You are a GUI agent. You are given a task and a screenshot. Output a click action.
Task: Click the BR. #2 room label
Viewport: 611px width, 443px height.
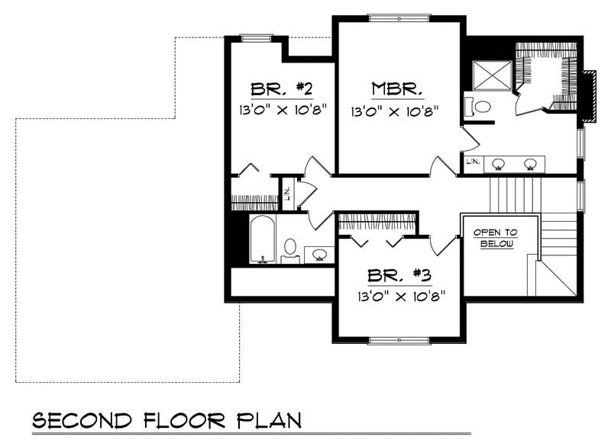click(282, 88)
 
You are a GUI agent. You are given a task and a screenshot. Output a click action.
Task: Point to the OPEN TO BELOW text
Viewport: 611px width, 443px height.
click(495, 238)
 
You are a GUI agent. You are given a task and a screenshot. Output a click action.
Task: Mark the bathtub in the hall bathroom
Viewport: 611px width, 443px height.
click(262, 239)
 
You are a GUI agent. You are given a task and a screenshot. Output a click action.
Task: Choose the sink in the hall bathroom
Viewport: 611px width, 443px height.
click(320, 254)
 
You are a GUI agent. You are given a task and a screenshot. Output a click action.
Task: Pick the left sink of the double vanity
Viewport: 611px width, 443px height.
click(498, 163)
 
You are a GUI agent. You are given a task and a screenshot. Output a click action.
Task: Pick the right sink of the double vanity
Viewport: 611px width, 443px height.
click(529, 163)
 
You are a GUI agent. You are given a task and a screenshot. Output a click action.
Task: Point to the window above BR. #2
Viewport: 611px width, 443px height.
click(256, 37)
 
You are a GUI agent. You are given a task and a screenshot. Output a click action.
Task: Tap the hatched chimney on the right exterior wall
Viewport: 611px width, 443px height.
click(588, 96)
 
